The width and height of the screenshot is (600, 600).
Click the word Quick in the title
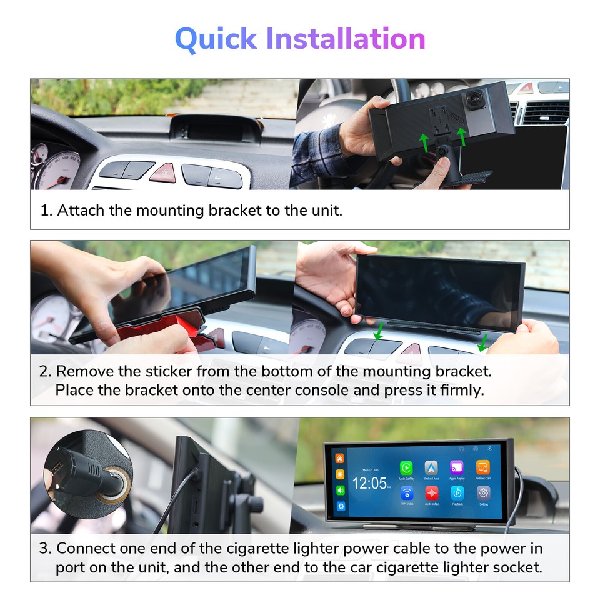click(x=216, y=39)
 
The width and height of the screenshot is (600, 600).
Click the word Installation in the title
click(x=346, y=39)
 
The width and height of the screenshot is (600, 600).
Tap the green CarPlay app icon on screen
click(x=406, y=467)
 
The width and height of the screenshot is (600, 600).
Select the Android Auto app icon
click(x=431, y=467)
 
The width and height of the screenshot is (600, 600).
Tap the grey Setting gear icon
click(x=483, y=493)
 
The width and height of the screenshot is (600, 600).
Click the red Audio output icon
click(x=431, y=493)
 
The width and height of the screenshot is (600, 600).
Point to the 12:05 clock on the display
click(x=369, y=483)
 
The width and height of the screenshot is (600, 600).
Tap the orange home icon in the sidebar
click(x=341, y=459)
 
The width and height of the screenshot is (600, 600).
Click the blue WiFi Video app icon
click(x=406, y=493)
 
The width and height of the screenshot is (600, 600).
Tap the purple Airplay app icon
click(x=457, y=467)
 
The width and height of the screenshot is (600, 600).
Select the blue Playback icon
click(x=457, y=493)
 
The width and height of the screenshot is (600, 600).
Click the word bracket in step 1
click(x=236, y=210)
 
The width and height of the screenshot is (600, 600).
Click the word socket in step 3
click(x=519, y=567)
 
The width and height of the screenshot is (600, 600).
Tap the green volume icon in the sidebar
click(x=341, y=490)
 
